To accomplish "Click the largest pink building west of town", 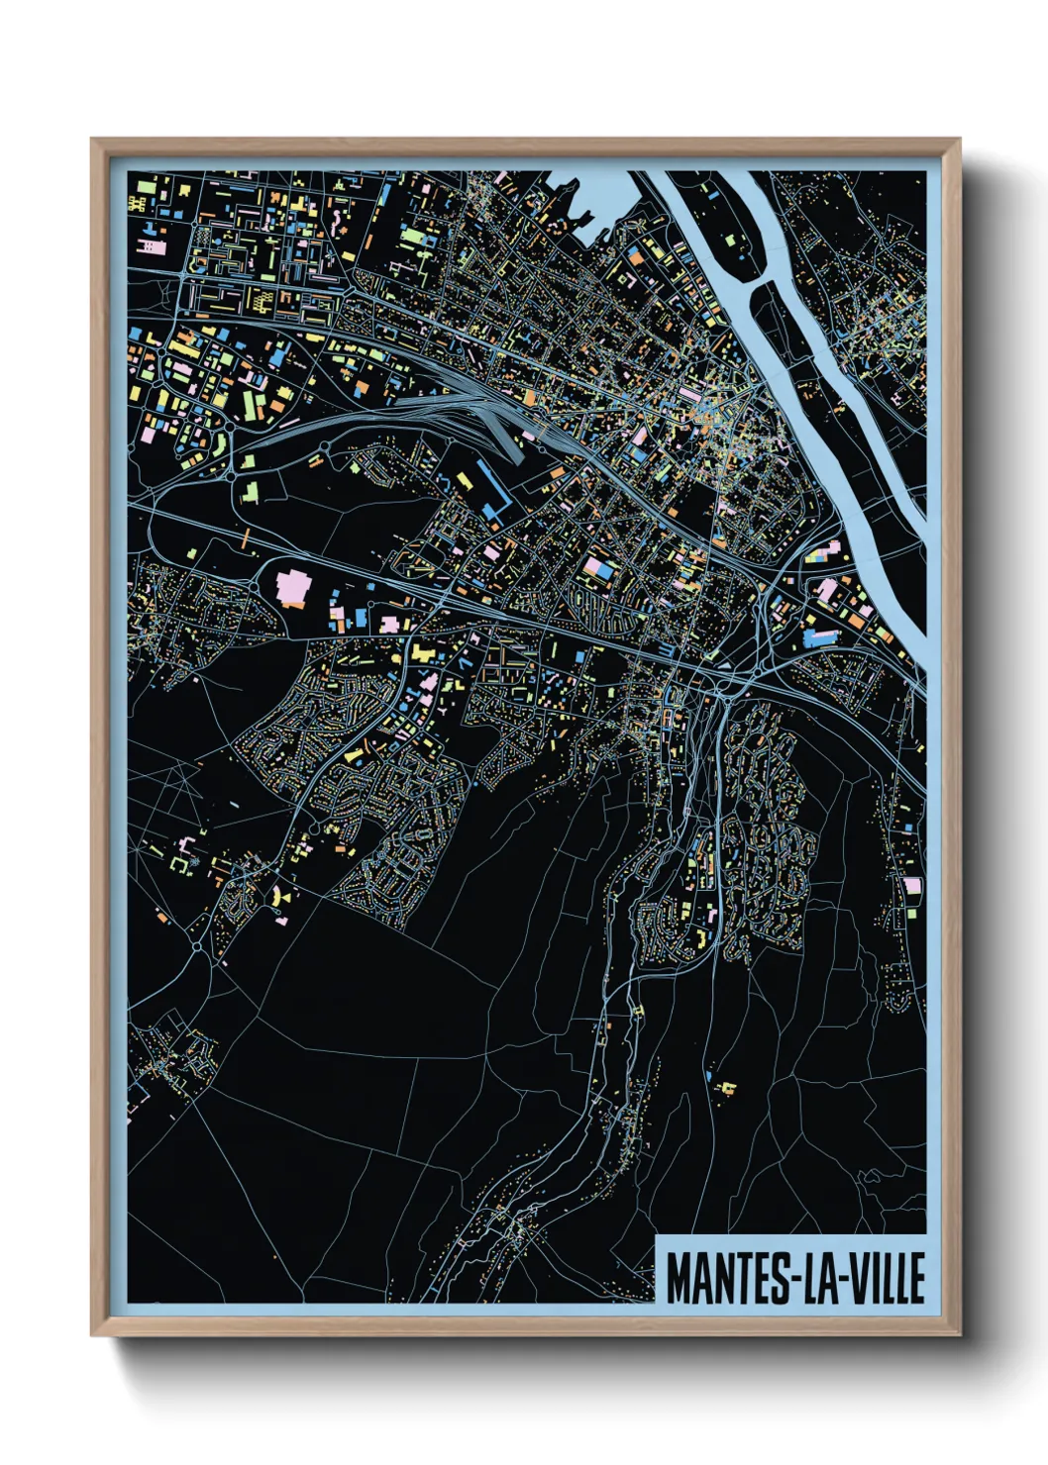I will (293, 585).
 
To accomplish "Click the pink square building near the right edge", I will (913, 885).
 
